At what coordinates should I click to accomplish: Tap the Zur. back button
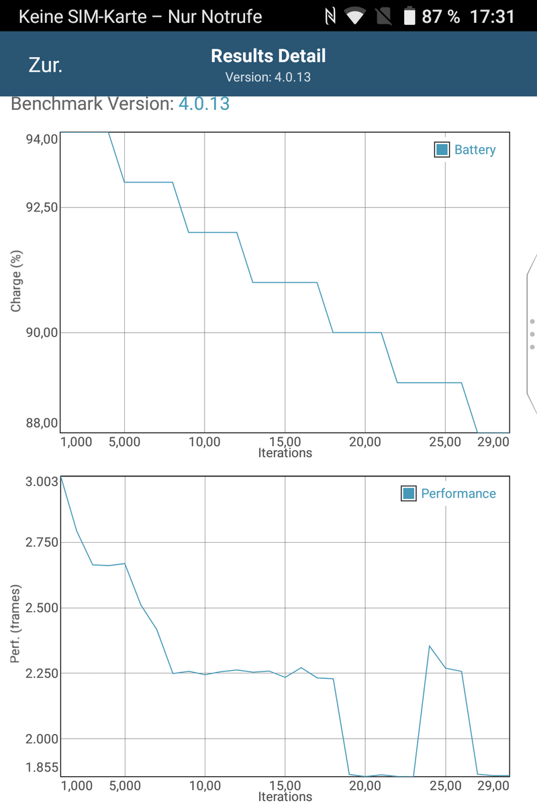[46, 65]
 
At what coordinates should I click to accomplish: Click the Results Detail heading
[268, 56]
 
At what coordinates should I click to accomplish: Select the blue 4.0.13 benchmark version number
[203, 104]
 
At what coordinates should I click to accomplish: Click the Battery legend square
[442, 150]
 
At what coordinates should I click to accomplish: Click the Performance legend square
[408, 494]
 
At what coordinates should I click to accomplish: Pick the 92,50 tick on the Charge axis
[42, 207]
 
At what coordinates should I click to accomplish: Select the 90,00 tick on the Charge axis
[42, 332]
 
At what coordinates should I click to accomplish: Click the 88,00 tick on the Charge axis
[42, 423]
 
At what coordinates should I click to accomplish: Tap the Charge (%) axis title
[17, 282]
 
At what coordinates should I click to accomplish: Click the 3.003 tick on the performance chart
[42, 481]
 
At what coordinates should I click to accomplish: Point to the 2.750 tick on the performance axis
[42, 542]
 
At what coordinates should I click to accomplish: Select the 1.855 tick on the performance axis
[42, 767]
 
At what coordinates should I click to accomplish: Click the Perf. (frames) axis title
[17, 624]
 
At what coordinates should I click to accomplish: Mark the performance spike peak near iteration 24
[430, 646]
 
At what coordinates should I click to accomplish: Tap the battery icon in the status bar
[409, 16]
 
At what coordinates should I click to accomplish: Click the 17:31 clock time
[492, 16]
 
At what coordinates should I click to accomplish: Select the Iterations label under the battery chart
[285, 453]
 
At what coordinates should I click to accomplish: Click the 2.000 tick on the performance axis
[42, 739]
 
